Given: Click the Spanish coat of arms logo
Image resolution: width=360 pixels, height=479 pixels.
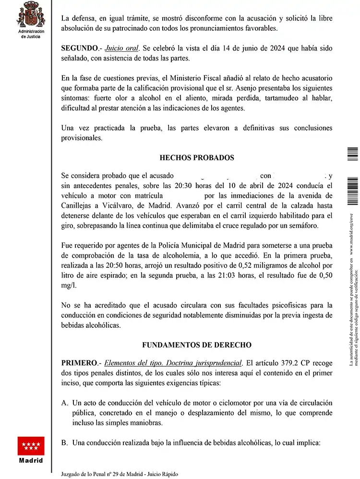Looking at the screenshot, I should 31,14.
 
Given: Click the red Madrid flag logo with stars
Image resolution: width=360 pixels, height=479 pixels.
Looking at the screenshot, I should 31,446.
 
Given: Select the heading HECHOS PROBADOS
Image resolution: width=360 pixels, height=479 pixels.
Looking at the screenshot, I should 197,157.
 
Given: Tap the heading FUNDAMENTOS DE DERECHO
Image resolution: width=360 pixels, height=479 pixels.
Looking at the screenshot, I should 197,345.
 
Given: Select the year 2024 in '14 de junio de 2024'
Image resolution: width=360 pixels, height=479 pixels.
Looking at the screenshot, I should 284,49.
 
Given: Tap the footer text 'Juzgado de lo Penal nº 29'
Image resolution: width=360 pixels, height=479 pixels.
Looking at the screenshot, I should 96,474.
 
